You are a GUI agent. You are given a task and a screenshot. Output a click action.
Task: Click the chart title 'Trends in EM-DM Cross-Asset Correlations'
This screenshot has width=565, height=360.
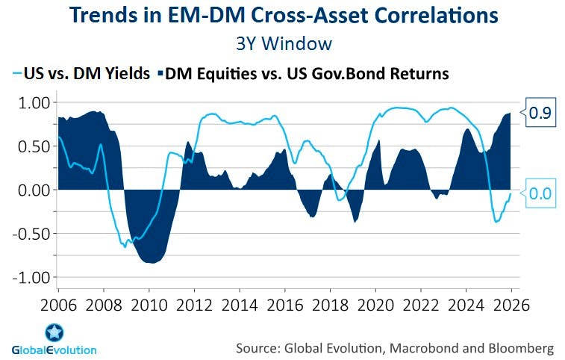(282, 15)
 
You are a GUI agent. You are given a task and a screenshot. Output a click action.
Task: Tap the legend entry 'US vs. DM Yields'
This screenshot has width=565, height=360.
(84, 73)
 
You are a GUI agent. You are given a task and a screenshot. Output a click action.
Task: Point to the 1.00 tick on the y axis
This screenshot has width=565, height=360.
(32, 102)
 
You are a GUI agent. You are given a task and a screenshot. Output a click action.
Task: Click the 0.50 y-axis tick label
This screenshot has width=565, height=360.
(32, 146)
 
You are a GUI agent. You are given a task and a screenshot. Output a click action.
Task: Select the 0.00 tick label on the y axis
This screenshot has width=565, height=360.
(32, 190)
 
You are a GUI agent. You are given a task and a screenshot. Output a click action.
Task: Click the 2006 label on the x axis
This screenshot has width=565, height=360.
(58, 305)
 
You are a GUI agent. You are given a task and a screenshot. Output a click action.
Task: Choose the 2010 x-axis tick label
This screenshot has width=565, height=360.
(149, 305)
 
